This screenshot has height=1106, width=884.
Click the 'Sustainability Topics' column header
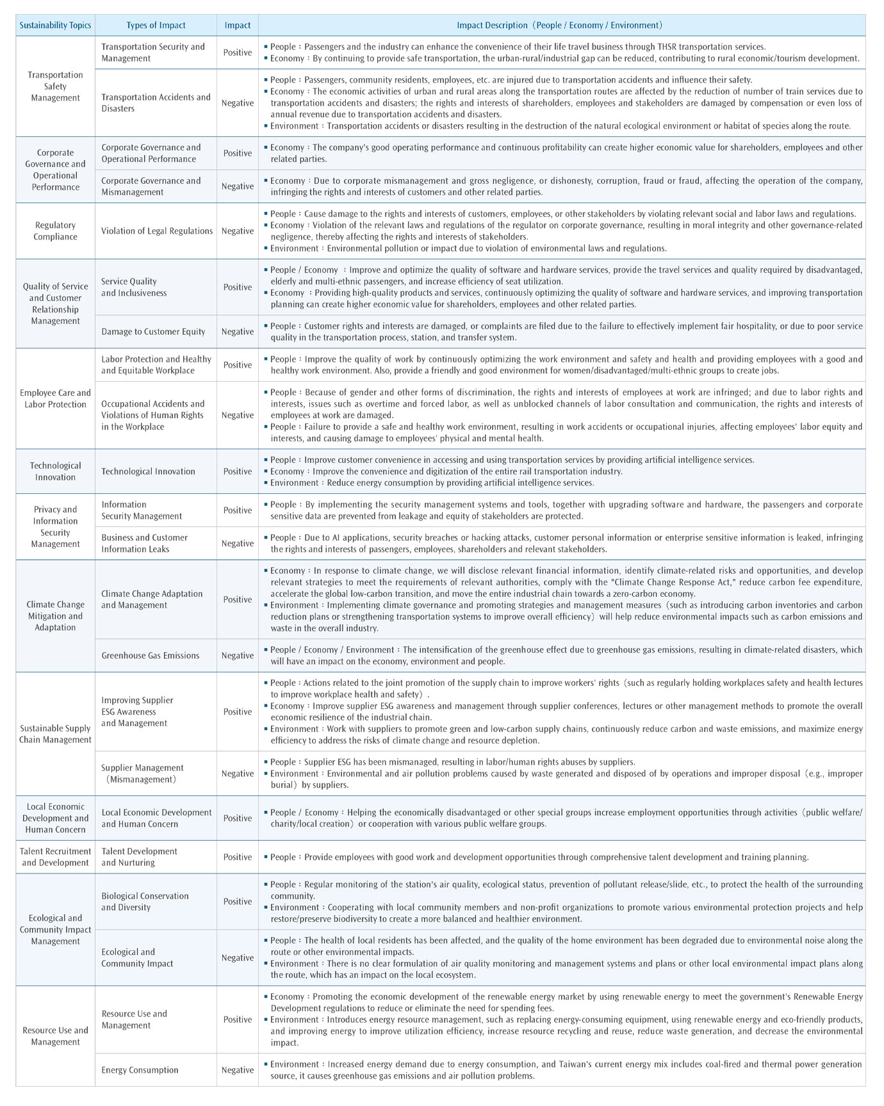pos(55,26)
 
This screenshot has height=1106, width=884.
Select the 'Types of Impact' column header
pos(156,26)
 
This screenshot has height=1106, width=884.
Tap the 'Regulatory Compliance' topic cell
pos(55,231)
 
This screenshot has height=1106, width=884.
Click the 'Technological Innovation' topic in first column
pos(55,471)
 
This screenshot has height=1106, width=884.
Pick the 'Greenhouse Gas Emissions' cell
pos(150,655)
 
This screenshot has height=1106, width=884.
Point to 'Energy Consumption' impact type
pos(140,1069)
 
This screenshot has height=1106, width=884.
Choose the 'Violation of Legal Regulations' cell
pos(157,231)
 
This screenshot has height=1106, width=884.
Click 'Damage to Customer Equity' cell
pos(153,332)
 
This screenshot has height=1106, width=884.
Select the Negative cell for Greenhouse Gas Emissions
pos(238,655)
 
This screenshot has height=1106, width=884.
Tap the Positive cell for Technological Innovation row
pos(238,471)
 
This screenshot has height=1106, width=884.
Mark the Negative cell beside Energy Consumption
pos(238,1069)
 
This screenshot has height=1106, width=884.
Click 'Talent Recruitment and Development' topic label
pos(55,857)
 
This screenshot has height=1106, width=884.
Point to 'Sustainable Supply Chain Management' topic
pos(55,734)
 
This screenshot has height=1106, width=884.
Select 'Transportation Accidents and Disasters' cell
pos(156,103)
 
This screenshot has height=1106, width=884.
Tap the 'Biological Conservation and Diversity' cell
pos(145,902)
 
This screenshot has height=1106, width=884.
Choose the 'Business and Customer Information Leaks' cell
pos(144,543)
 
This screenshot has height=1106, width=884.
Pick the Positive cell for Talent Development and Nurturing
pos(238,857)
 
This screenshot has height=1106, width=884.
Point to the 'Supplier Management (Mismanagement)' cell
pos(142,774)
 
